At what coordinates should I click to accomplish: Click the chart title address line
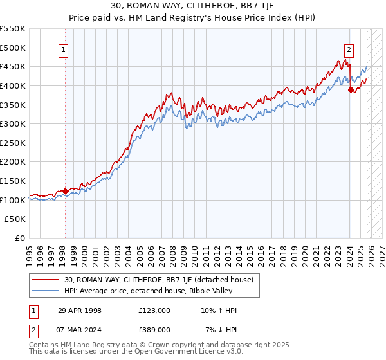tap(193, 6)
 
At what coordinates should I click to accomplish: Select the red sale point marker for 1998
tap(66, 191)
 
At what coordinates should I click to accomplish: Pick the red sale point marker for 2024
tap(351, 90)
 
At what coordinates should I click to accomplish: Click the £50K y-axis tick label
tap(15, 219)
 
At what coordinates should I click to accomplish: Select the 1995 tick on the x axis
tap(30, 251)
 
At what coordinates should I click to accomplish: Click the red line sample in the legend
tap(46, 280)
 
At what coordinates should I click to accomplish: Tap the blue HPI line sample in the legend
tap(46, 291)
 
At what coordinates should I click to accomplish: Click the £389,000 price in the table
tap(154, 329)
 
